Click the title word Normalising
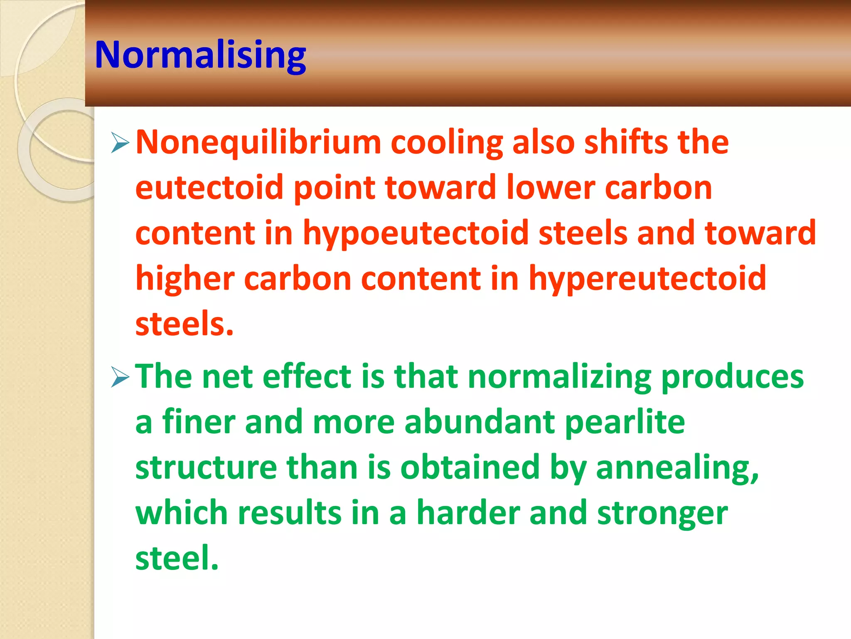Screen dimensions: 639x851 200,55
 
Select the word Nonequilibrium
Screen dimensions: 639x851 258,143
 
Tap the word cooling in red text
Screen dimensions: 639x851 447,143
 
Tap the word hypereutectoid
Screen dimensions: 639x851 647,279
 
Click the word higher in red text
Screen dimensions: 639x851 185,279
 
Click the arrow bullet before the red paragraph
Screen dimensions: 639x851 120,143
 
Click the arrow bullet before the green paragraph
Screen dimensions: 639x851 120,377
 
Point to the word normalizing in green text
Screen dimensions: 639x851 559,377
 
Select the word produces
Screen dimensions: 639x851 732,377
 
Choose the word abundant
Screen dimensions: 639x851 480,422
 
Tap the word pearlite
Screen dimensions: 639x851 625,422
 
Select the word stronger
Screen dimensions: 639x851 662,513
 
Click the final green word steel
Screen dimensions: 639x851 177,558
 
